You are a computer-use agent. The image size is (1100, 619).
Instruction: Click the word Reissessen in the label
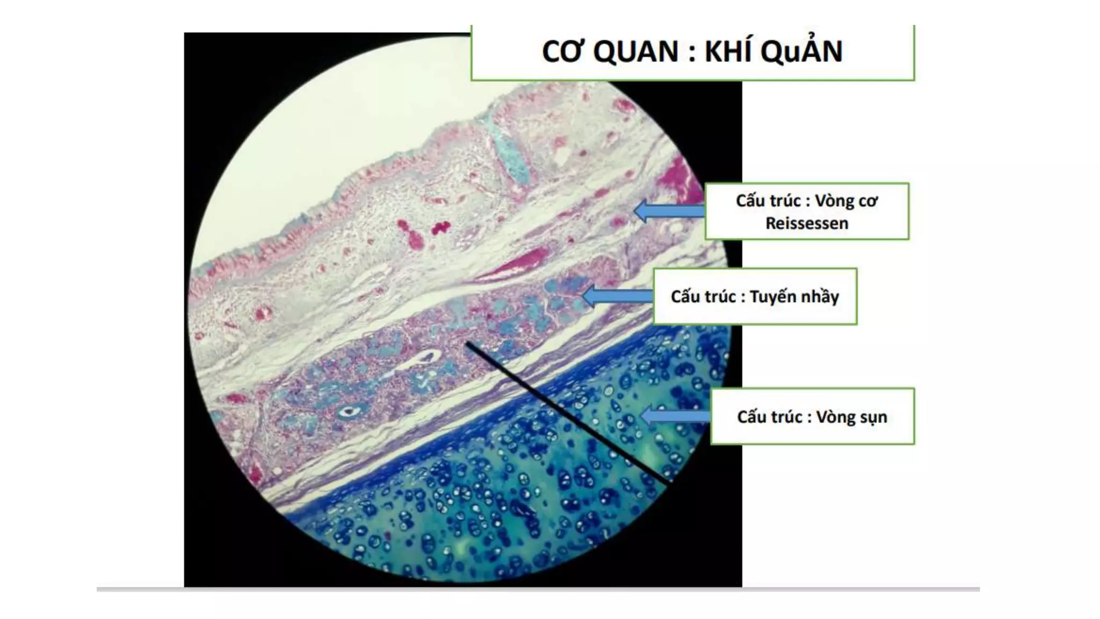click(807, 223)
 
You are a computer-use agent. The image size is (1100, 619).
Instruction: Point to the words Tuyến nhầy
click(794, 297)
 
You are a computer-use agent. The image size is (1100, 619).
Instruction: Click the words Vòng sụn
click(851, 417)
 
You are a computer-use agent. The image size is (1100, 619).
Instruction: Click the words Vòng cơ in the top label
click(846, 201)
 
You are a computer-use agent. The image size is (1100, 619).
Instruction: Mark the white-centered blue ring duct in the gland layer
click(350, 412)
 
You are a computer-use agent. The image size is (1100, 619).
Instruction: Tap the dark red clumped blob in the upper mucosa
click(442, 228)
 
